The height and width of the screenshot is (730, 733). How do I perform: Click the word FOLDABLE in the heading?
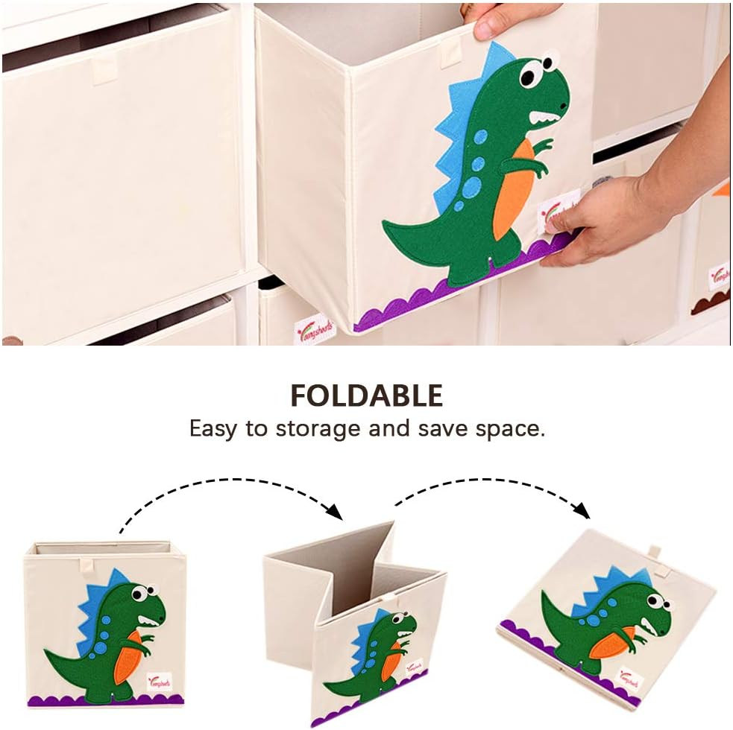pos(366,396)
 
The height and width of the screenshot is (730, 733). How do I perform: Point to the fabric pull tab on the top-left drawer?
pos(104,68)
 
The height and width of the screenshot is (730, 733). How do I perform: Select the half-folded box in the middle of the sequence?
pos(354,618)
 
